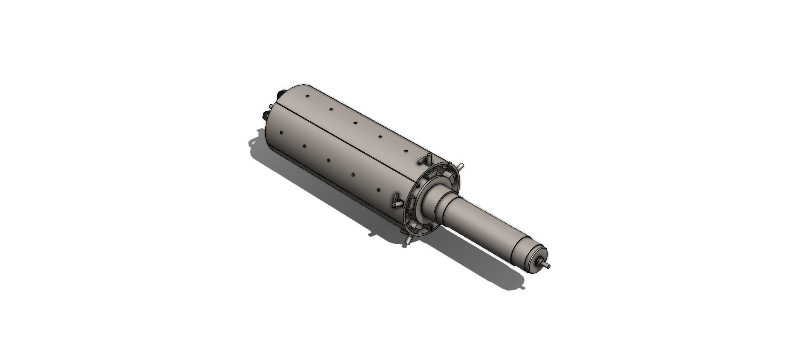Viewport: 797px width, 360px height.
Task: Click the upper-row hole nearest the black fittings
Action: click(x=307, y=97)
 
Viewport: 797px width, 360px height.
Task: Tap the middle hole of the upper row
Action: click(x=355, y=123)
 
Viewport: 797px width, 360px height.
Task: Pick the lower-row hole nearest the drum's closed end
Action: click(x=281, y=133)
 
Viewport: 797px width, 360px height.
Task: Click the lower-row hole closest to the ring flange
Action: click(x=379, y=190)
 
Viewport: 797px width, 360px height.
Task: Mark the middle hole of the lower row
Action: click(x=328, y=160)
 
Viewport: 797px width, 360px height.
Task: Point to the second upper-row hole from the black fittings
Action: click(x=331, y=110)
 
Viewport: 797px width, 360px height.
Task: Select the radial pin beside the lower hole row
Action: click(x=396, y=201)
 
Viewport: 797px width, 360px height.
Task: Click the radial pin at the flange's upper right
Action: click(x=460, y=166)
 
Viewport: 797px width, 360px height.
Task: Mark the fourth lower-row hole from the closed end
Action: click(x=352, y=175)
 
